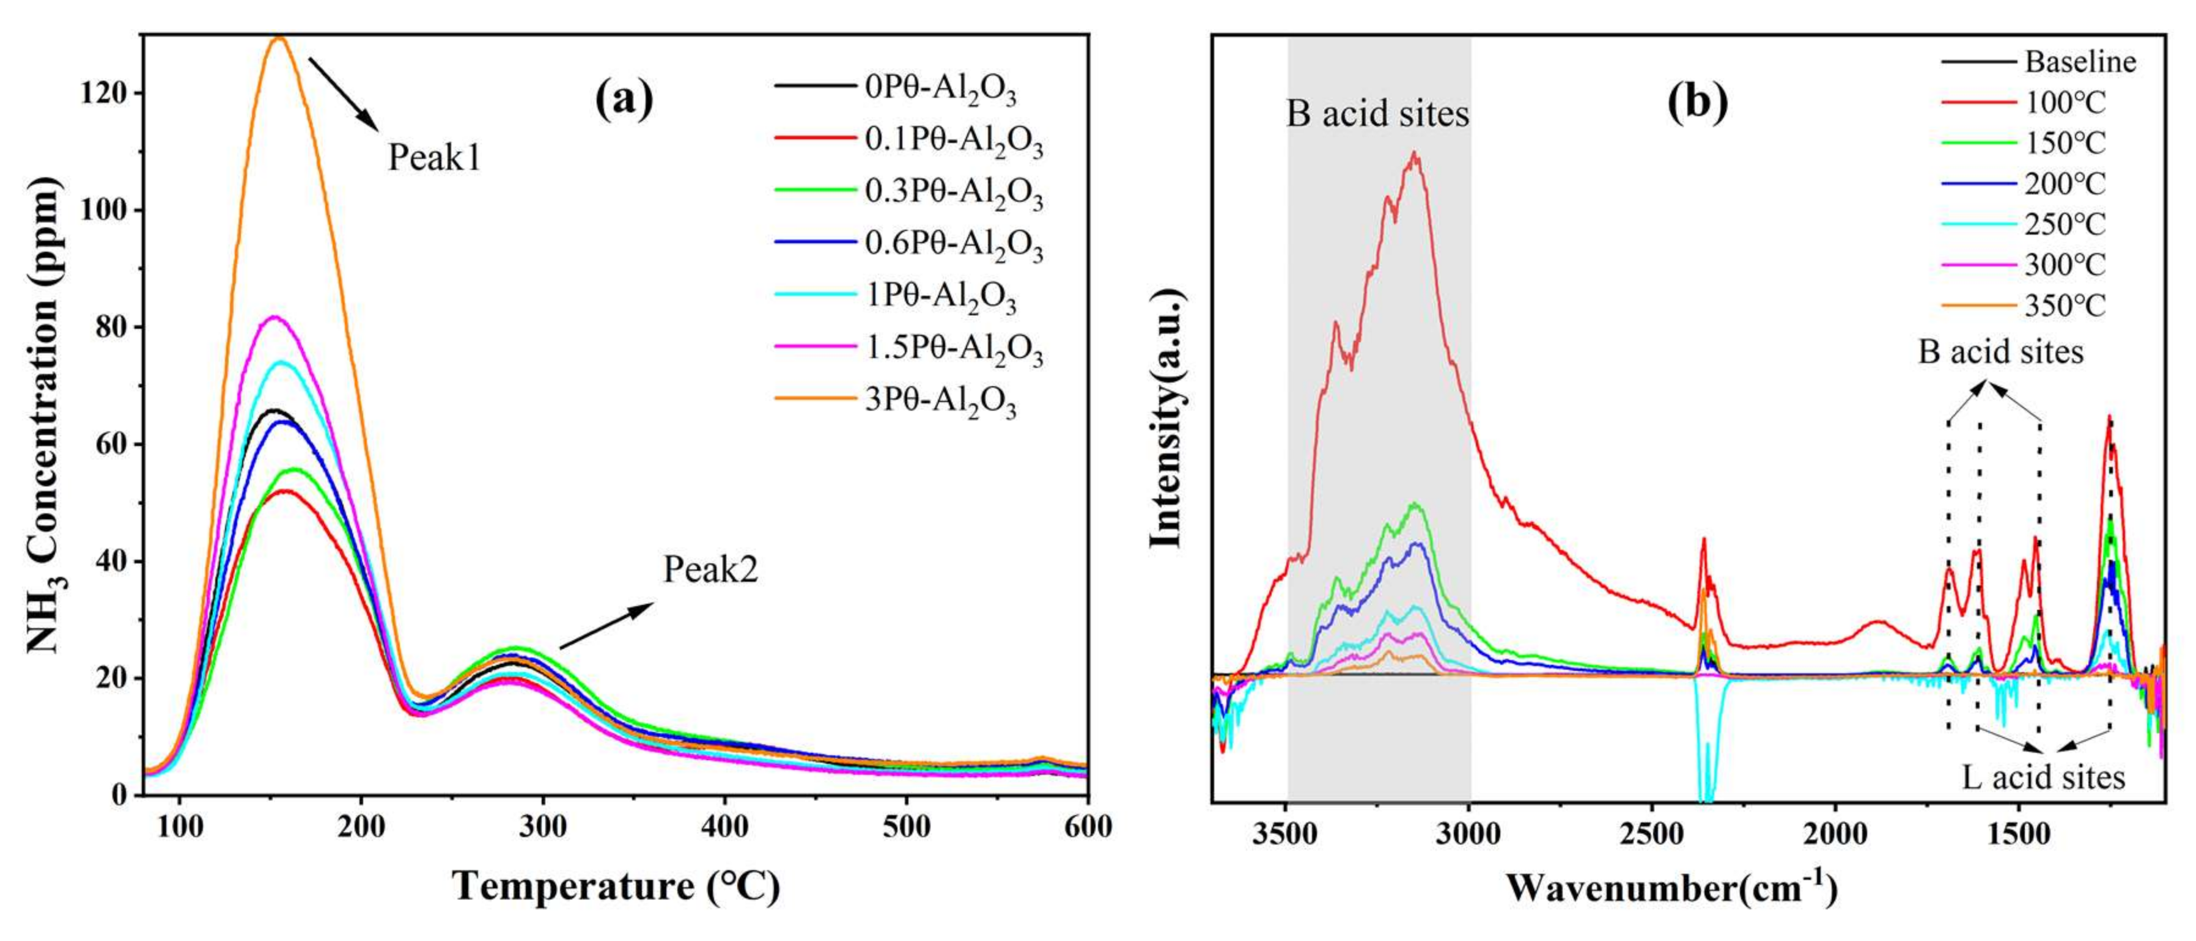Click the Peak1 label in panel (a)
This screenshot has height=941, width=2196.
click(434, 158)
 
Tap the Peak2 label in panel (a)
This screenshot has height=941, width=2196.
click(710, 569)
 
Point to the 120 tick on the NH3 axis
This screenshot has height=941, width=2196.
click(102, 93)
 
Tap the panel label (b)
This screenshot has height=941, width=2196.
click(1697, 102)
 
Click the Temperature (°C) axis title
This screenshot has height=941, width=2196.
click(616, 887)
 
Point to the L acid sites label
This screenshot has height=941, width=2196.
click(2043, 777)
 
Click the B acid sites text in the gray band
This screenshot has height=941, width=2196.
click(1377, 114)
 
